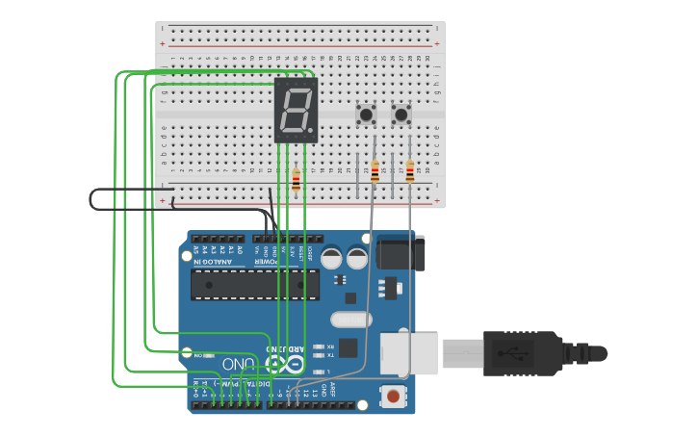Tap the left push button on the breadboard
(367, 115)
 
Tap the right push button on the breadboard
(401, 115)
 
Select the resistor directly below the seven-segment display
(296, 179)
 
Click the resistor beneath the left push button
(375, 171)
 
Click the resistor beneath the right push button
(410, 171)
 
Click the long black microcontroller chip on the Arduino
(254, 285)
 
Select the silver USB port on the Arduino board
(409, 352)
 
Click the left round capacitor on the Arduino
(332, 258)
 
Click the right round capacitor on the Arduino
(357, 258)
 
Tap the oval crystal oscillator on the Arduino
(350, 319)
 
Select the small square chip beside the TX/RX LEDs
(348, 348)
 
